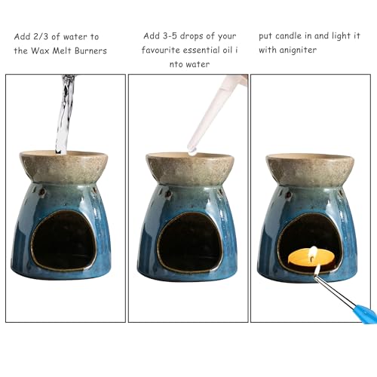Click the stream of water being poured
(x=63, y=113)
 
